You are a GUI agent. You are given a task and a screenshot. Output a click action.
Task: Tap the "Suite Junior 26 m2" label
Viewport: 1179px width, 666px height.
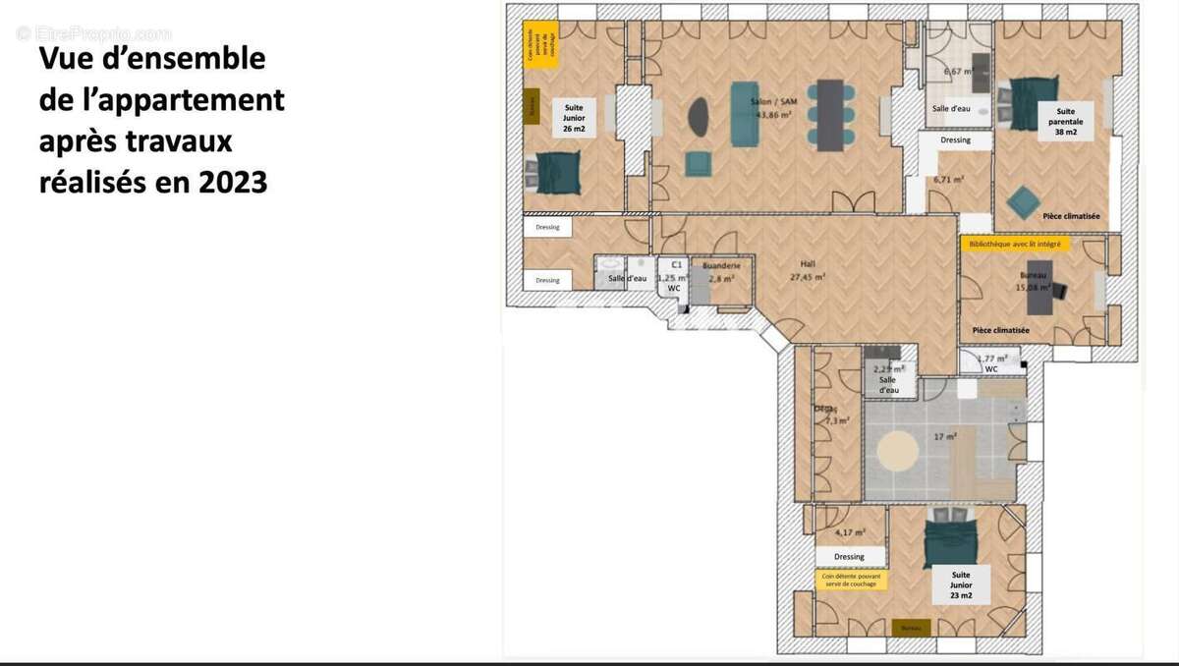point(574,116)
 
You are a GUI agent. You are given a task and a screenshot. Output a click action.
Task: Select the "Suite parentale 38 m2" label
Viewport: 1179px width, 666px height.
point(1066,122)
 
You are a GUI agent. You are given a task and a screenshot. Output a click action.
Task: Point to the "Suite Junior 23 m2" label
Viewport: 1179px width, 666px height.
point(961,585)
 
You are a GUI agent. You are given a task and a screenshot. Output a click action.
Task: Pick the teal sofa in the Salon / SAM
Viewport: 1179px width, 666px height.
point(745,114)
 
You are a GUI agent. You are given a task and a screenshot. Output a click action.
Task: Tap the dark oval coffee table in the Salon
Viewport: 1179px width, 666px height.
point(700,117)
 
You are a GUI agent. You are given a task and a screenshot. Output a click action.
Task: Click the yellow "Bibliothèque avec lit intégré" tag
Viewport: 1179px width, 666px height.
point(1014,244)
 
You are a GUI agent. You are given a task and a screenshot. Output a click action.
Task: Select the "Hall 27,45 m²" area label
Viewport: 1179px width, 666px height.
point(809,270)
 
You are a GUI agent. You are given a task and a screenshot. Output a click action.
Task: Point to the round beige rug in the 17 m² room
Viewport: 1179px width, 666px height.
point(898,451)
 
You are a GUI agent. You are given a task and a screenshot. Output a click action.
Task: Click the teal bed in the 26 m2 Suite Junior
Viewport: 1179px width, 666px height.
point(556,174)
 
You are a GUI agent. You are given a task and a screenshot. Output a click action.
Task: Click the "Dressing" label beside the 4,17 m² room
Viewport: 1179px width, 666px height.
point(849,557)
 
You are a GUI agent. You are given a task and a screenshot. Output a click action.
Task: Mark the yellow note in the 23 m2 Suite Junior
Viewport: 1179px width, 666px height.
point(851,581)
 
